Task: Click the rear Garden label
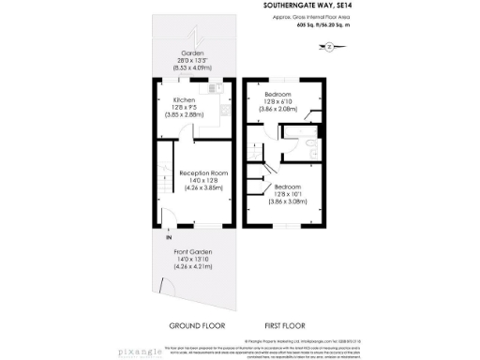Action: (193, 52)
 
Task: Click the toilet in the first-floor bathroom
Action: (309, 144)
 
